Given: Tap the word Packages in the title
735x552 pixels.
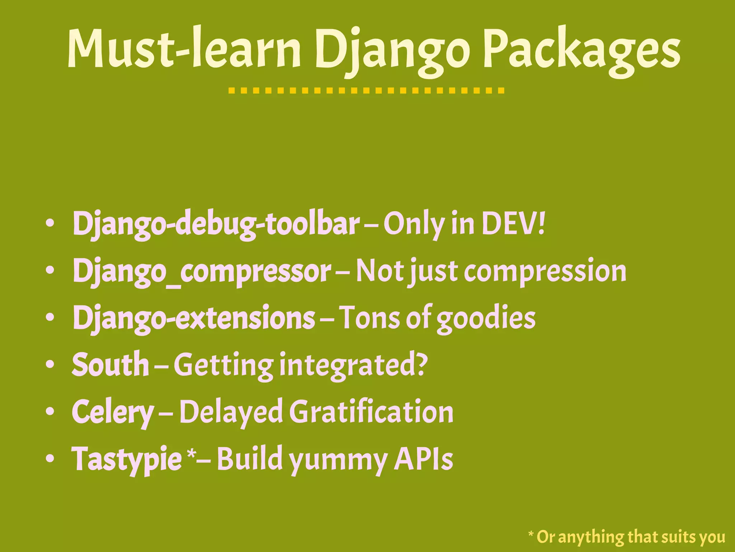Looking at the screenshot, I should [x=581, y=50].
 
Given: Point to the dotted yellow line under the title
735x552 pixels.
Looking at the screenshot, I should [x=366, y=90].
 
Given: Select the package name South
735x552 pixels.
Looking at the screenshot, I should [x=110, y=364].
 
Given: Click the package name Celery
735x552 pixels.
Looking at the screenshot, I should [x=113, y=412].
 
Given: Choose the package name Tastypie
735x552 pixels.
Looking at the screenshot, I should [x=126, y=459].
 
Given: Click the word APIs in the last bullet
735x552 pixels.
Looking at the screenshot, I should [x=423, y=459].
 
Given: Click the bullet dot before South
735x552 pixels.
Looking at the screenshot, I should [x=50, y=364].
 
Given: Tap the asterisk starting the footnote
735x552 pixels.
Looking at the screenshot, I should [x=531, y=534].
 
